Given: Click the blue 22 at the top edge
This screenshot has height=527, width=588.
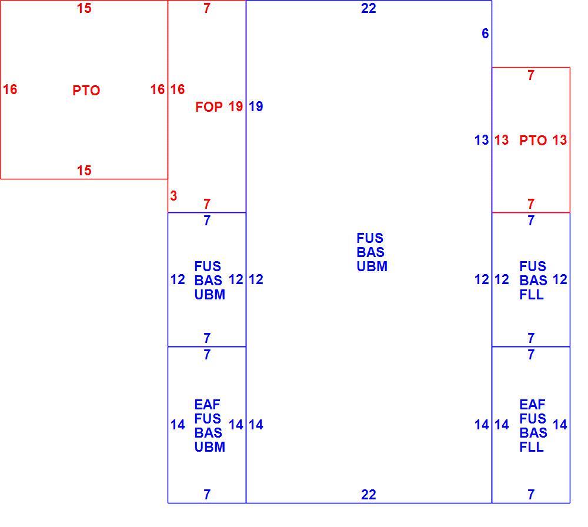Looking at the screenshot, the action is [x=368, y=8].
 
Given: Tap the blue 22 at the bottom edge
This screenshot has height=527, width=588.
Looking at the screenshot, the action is [x=368, y=495].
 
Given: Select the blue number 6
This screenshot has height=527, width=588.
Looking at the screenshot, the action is [x=485, y=34].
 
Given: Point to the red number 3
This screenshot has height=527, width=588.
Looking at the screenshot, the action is [x=173, y=196].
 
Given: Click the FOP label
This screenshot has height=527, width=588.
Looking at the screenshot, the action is [x=209, y=107].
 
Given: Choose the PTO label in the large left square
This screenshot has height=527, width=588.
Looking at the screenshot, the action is [x=86, y=91].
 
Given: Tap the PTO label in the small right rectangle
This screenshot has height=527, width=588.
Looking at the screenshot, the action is [x=533, y=141].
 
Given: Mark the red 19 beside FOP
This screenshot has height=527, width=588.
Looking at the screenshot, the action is [x=236, y=106].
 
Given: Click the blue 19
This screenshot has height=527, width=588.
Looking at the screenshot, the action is [x=256, y=106].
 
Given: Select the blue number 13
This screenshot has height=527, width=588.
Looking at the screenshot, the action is [x=482, y=141].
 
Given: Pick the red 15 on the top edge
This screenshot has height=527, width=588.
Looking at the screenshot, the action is [x=84, y=8].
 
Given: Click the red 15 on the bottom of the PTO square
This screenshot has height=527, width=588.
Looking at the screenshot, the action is [x=84, y=171].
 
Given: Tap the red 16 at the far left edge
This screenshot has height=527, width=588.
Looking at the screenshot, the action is [x=10, y=89].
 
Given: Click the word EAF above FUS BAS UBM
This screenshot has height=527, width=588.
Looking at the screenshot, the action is [x=207, y=405].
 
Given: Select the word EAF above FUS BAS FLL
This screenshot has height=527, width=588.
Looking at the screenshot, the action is [x=532, y=405].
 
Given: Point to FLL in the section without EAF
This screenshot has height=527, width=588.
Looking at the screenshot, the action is [x=532, y=295].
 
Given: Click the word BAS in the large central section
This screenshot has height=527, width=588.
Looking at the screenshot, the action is [x=370, y=252].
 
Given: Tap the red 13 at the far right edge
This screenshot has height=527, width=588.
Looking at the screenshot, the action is [x=560, y=141].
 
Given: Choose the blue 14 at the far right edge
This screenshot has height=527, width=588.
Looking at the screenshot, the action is [x=560, y=425].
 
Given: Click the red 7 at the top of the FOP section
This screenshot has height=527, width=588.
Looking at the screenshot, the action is [x=207, y=8].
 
